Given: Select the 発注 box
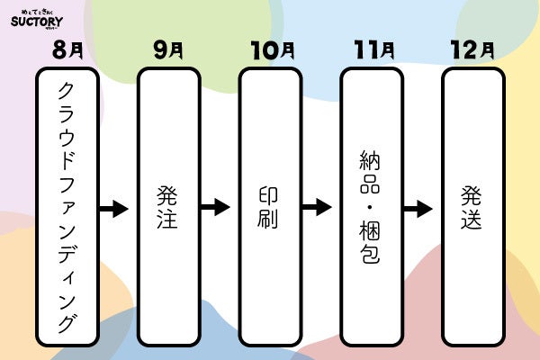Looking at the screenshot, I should click(168, 208).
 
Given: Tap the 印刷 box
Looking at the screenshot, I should click(269, 208).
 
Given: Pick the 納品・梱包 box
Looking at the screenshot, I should click(371, 208).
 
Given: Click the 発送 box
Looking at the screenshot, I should click(472, 208).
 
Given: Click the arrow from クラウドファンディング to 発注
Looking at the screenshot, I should click(114, 209).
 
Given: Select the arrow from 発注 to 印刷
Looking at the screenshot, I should click(216, 208).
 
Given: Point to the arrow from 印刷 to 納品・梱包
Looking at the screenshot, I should click(317, 208).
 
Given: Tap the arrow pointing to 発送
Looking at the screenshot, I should click(418, 209).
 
